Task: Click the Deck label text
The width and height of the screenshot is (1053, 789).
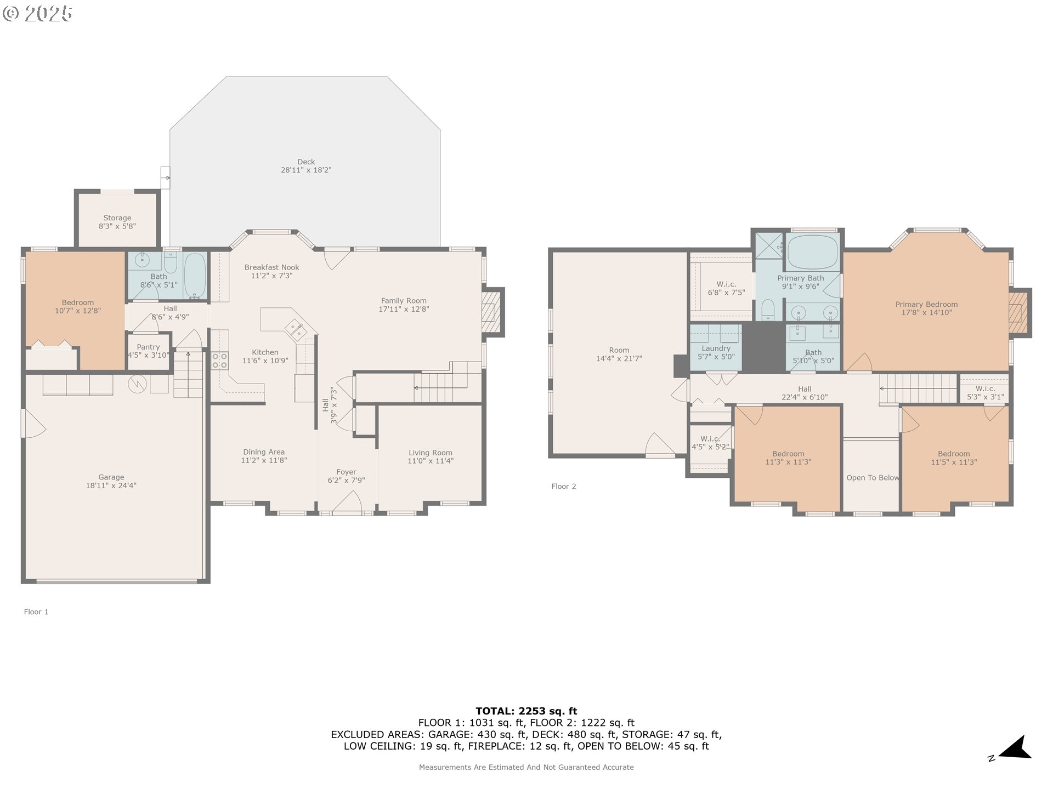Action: (x=306, y=162)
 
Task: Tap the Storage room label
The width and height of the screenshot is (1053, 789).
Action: (x=117, y=218)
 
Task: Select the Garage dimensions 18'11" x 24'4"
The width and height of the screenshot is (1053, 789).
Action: (x=111, y=485)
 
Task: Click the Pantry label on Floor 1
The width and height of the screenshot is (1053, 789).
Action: (x=148, y=347)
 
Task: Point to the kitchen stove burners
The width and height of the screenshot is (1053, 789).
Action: (x=219, y=361)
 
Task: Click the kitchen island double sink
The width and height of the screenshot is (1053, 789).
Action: (x=297, y=330)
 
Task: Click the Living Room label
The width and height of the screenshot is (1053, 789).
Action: (x=430, y=453)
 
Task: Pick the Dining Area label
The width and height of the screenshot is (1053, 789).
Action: (x=263, y=452)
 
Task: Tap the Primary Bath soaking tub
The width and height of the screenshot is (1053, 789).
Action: (x=813, y=252)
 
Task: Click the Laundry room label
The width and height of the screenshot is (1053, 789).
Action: (x=716, y=348)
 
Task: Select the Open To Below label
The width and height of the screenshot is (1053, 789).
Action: (x=872, y=478)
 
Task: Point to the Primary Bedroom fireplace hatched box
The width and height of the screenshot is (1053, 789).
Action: (x=1018, y=312)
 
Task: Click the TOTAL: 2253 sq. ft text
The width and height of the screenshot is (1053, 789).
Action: (x=526, y=711)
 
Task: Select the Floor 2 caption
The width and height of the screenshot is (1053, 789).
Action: (x=563, y=487)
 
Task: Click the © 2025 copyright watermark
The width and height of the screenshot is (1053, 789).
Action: (x=37, y=14)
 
